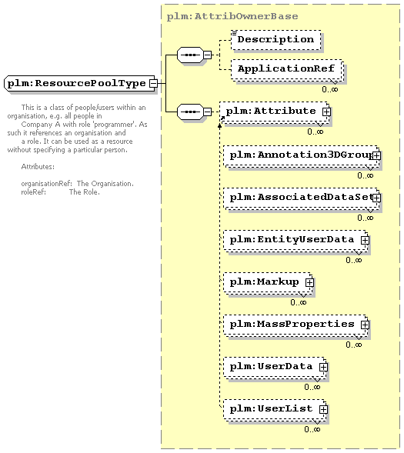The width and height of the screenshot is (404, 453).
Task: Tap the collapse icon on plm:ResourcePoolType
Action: pos(153,84)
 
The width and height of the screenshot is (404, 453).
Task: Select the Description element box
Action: pos(276,40)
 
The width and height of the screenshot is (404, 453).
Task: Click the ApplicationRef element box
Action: pos(287,70)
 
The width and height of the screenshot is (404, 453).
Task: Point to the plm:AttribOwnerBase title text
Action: pos(232,16)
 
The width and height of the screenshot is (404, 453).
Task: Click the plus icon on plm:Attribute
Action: pos(326,112)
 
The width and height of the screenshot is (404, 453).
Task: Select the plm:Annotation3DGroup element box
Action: pos(302,156)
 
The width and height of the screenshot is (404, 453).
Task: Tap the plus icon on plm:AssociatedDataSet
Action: pos(376,198)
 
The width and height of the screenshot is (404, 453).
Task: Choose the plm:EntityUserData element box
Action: pos(296,241)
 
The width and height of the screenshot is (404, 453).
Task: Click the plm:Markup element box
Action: pos(268,282)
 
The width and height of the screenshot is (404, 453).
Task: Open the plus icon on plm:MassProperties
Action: pos(365,325)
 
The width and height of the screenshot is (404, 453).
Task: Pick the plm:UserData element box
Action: pos(275,367)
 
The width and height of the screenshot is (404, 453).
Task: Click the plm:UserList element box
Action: pos(275,409)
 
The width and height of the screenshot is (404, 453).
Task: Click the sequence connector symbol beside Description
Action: pos(190,55)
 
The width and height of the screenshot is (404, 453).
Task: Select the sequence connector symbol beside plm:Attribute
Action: pos(190,112)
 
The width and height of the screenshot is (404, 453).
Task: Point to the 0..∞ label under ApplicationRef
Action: pos(330,89)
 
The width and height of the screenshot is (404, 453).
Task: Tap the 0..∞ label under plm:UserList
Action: pos(312,429)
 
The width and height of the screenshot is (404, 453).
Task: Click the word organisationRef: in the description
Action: pos(46,184)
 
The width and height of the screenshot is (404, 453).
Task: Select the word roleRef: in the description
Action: pos(34,192)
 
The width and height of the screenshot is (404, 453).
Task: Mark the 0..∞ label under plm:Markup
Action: pos(299,302)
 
